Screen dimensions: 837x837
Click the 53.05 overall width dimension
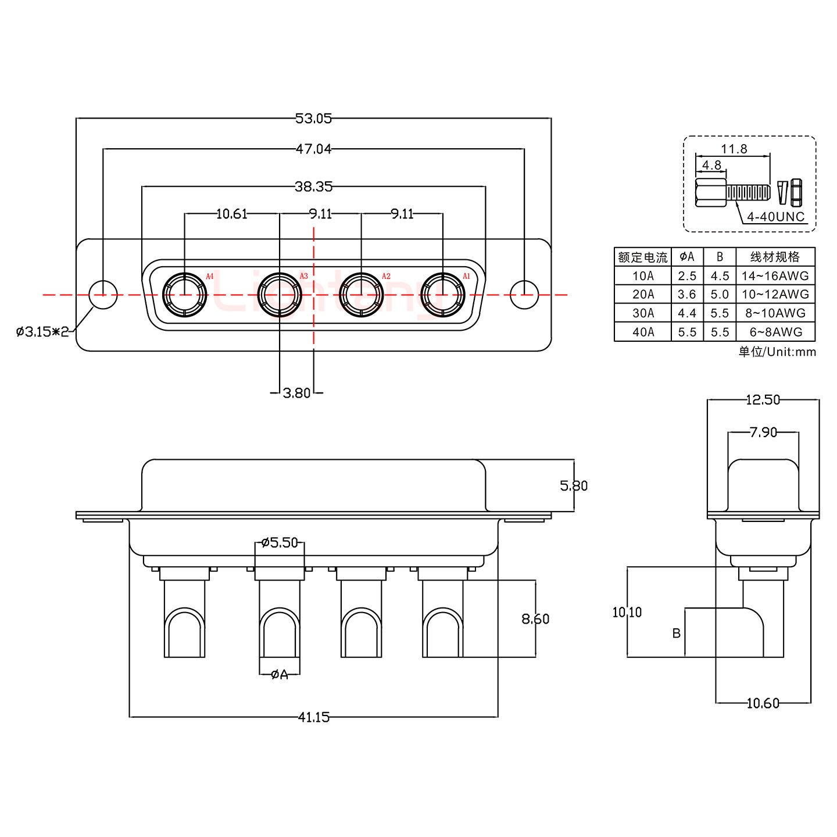point(313,119)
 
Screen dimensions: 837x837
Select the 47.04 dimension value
point(313,149)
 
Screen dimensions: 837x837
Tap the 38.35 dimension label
point(313,187)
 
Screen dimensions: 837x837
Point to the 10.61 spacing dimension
point(231,214)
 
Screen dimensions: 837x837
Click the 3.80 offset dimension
point(296,394)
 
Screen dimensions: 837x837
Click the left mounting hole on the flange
point(103,295)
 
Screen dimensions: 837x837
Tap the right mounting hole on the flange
point(524,295)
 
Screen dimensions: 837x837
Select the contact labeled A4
point(185,295)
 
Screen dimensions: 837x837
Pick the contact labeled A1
point(443,295)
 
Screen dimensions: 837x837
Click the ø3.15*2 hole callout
point(42,332)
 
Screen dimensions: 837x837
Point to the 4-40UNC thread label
point(775,217)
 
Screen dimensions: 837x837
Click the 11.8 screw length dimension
point(734,149)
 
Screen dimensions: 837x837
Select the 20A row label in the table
point(643,294)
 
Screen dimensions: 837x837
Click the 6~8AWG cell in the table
point(775,332)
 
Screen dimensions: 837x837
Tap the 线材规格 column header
point(775,257)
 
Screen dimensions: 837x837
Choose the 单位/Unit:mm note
point(777,352)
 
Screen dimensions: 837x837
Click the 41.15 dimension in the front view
point(313,717)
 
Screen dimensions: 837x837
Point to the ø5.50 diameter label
point(280,543)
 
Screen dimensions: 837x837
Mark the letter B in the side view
point(676,633)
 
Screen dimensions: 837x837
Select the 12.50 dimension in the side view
point(763,400)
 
